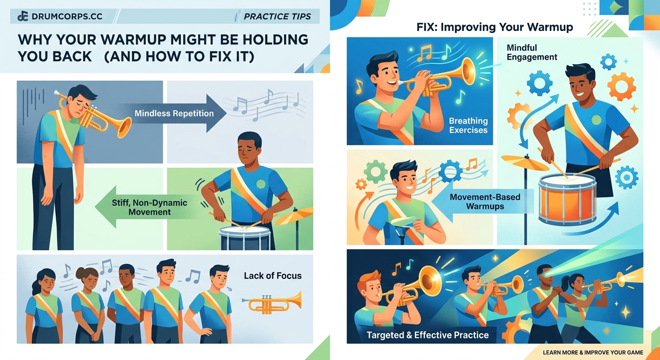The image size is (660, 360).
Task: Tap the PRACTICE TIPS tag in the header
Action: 277,17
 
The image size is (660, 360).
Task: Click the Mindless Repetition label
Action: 174,113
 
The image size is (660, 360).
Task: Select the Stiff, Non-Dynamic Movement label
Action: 150,207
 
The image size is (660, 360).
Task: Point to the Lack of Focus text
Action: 273,276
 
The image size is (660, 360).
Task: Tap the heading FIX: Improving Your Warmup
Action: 495,27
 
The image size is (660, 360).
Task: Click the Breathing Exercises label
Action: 468,126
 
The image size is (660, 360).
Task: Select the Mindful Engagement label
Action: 532,52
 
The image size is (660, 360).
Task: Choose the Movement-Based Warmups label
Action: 485,201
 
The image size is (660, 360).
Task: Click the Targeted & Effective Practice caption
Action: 427,335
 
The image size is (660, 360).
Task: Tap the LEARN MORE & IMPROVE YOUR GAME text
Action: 592,352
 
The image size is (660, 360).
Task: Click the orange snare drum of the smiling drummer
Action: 567,199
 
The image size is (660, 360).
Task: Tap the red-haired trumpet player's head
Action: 370,284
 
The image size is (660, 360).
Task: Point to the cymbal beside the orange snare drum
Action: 525,162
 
